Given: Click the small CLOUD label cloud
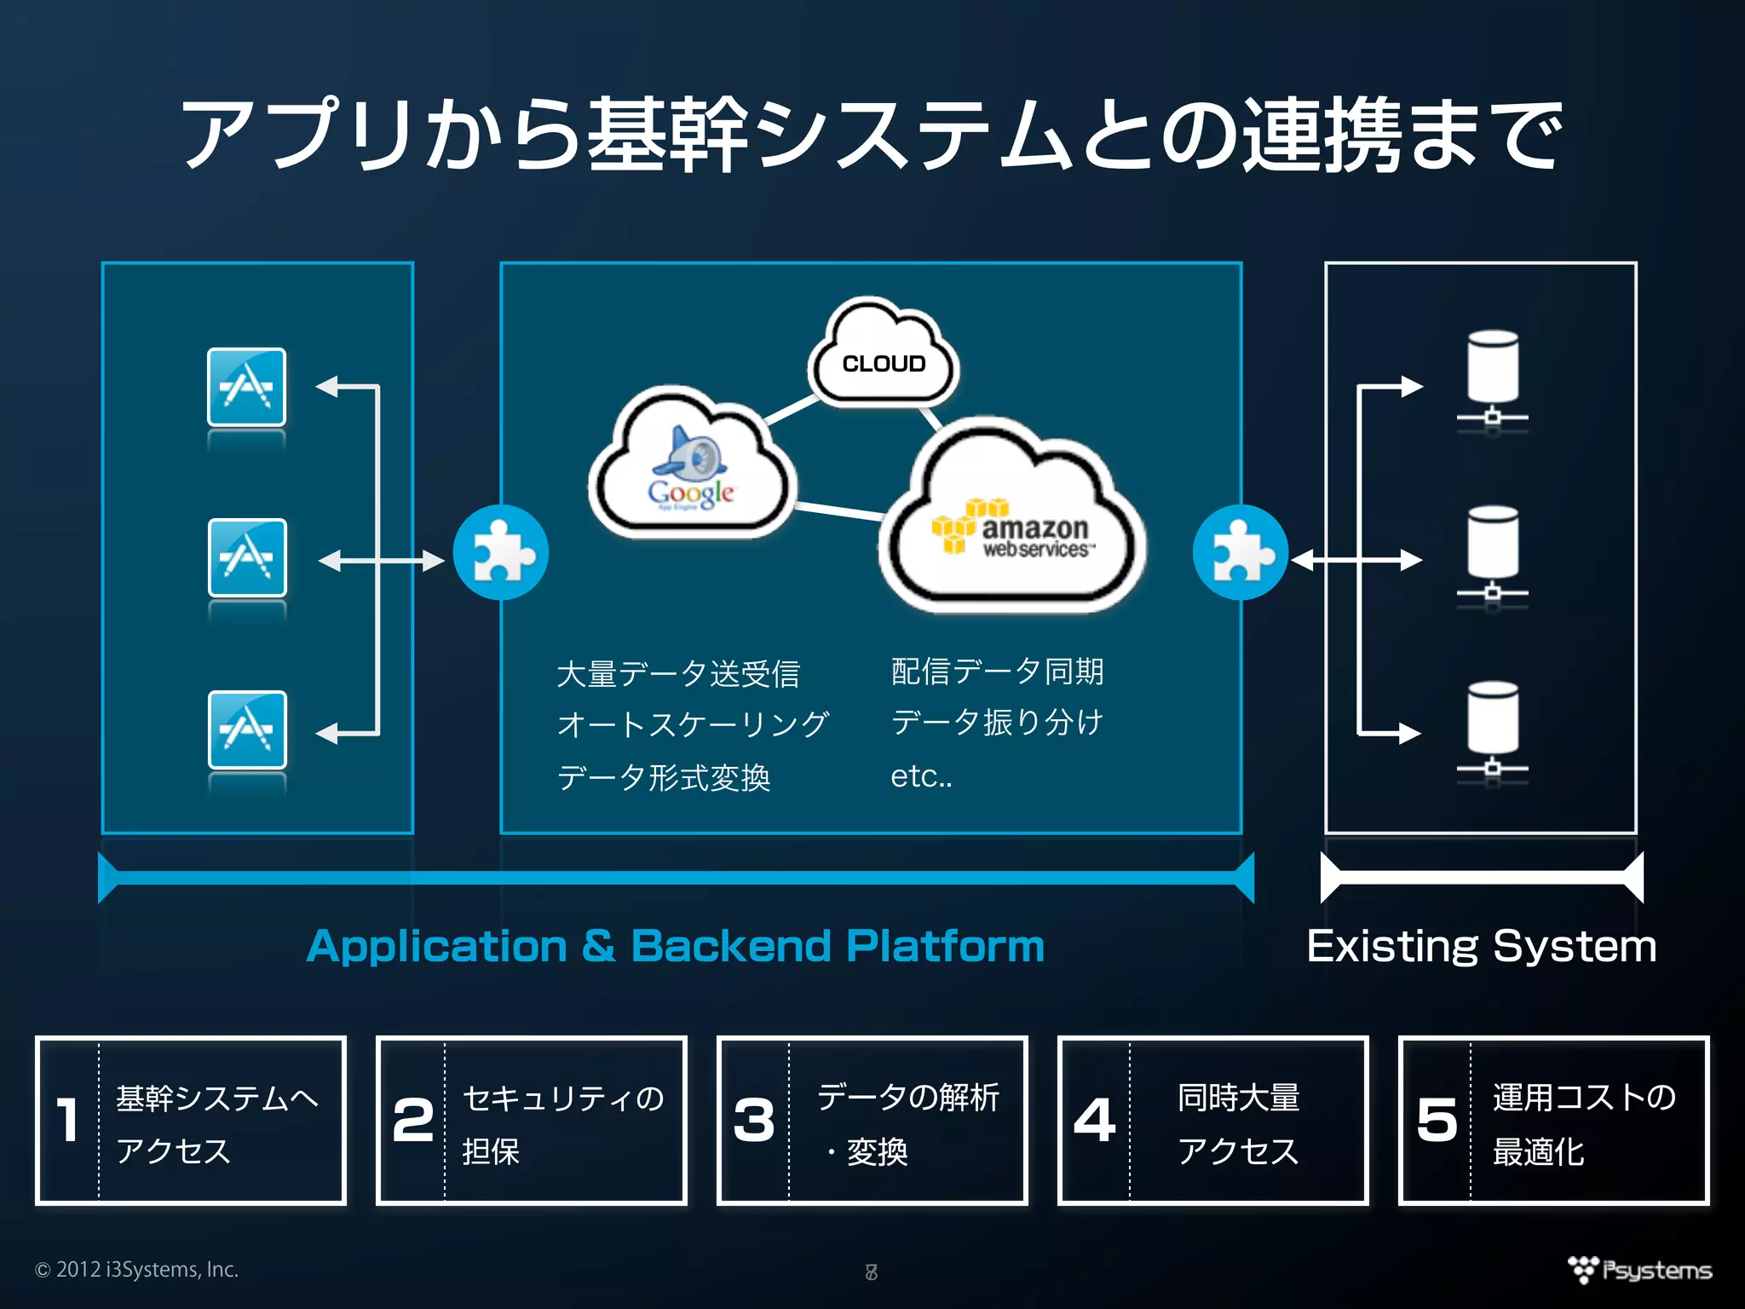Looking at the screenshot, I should coord(884,358).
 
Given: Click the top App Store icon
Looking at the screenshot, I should coord(246,387).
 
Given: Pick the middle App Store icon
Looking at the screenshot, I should coord(247,558).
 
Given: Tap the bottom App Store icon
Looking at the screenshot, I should coord(247,730).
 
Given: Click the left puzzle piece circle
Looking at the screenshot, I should coord(501,553).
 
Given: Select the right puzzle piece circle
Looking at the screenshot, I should coord(1240,553).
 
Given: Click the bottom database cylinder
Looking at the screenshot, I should coord(1492,719).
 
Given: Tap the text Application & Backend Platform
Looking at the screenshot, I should coord(675,946).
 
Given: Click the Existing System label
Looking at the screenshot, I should coord(1481,946).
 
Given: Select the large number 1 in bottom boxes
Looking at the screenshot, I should coord(68,1120).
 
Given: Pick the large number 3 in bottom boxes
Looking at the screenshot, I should coord(753,1120).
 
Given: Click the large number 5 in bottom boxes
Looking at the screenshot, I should coord(1437,1120).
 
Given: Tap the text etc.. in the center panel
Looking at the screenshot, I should coord(921,776).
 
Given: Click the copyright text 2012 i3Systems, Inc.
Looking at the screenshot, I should coord(137,1269).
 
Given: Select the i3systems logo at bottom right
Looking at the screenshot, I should coord(1639,1270).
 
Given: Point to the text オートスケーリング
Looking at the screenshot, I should coord(692,724).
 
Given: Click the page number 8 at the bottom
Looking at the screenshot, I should coord(871,1272).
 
